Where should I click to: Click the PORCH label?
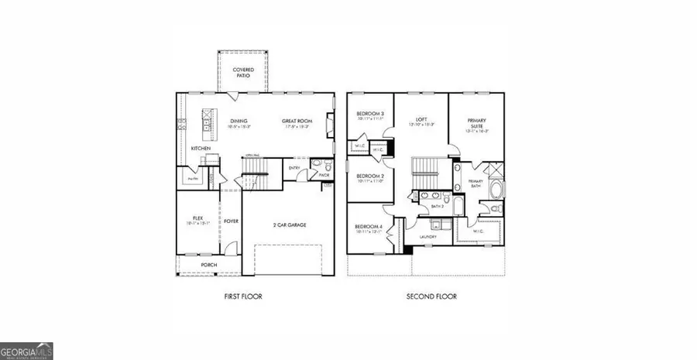[x=208, y=266]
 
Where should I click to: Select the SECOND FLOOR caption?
[x=431, y=297]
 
